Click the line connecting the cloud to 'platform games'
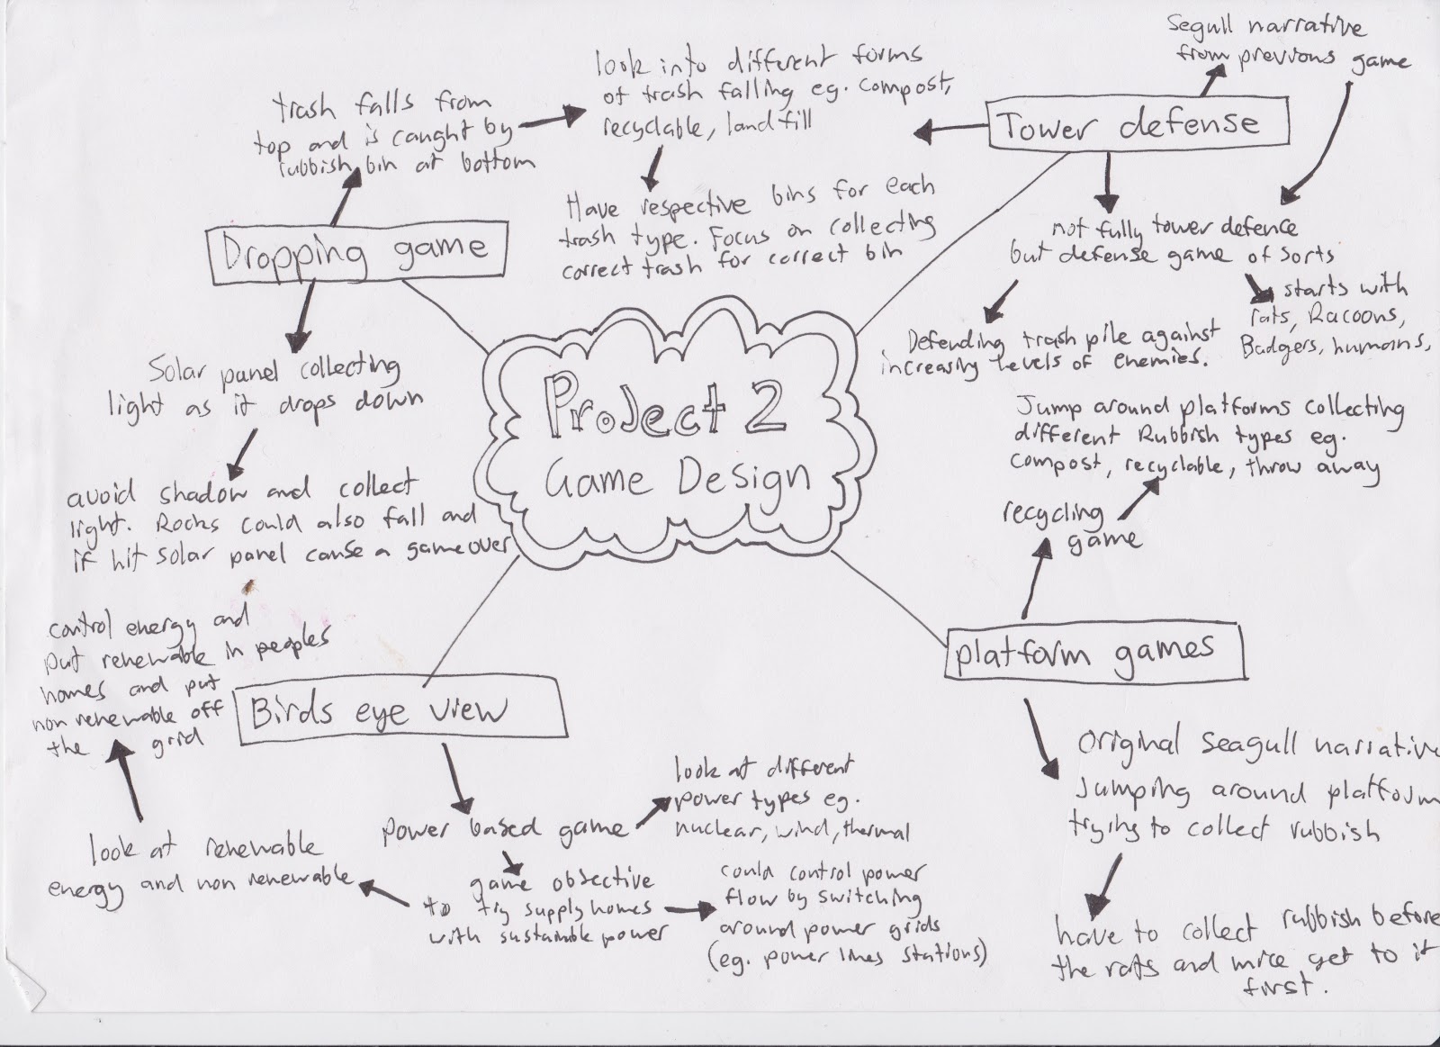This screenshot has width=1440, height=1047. click(x=891, y=599)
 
